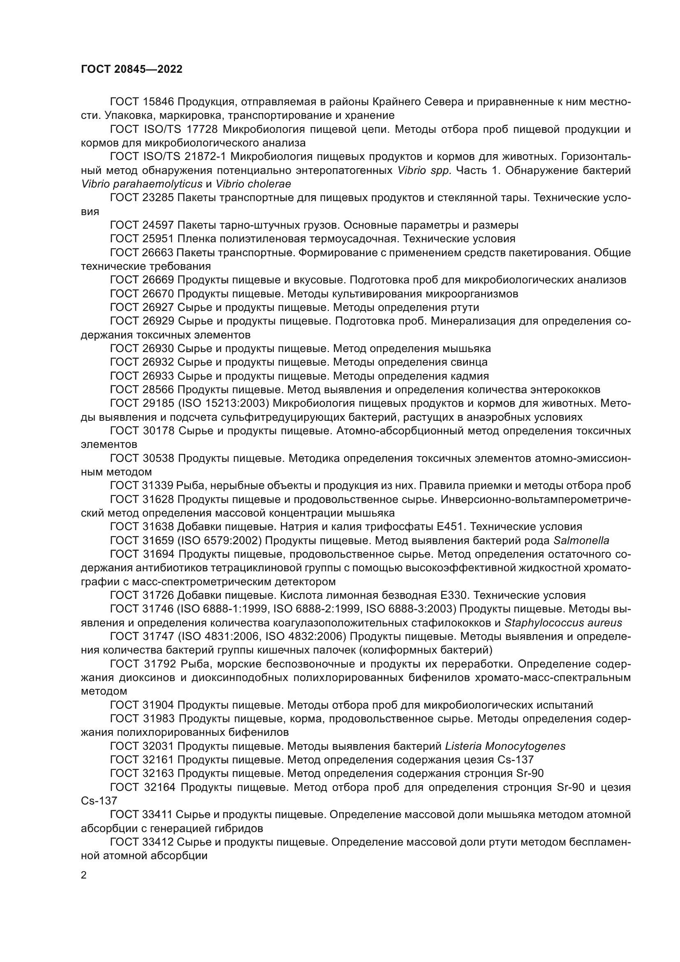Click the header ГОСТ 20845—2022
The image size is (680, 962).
132,69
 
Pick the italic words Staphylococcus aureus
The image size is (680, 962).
563,623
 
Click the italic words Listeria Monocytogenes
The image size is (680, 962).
505,746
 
